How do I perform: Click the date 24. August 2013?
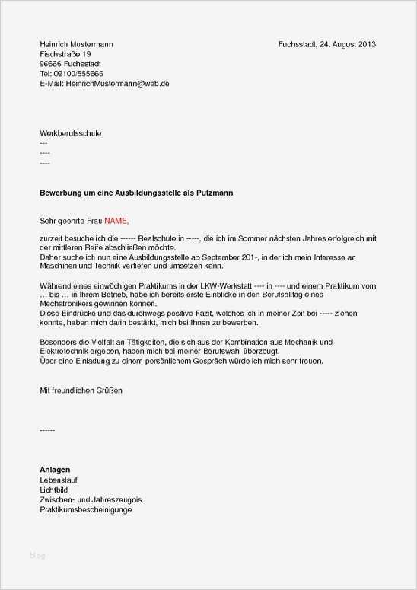[348, 44]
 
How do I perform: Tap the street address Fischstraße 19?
[65, 54]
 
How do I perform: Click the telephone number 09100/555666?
[78, 74]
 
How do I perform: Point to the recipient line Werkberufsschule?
[70, 133]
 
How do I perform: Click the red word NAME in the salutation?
[116, 221]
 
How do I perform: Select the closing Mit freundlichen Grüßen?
[81, 390]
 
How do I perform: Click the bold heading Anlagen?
[55, 470]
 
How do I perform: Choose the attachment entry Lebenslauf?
[59, 480]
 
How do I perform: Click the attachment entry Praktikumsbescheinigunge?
[86, 509]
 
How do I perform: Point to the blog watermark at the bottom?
[37, 556]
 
